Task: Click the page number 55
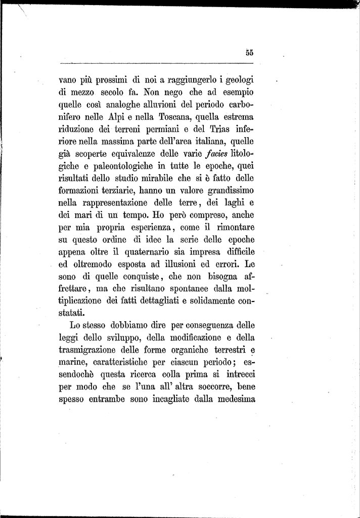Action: pyautogui.click(x=249, y=52)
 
